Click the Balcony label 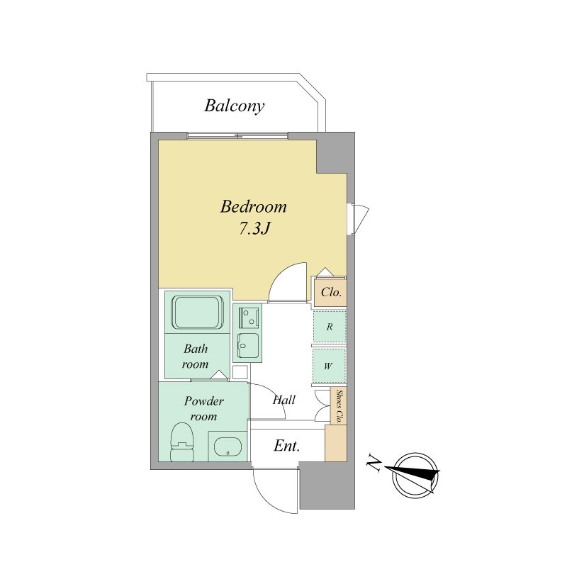[235, 106]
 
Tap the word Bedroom [254, 207]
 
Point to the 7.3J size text [254, 228]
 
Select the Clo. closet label [331, 292]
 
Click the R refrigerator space [330, 327]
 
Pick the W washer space [328, 366]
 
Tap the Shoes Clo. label [339, 406]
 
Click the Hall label [284, 400]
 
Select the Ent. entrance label [287, 446]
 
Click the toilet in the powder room [182, 442]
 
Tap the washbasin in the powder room [228, 447]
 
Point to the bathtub [198, 313]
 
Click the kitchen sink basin [247, 345]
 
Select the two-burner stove [249, 318]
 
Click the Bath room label [196, 357]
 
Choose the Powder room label [204, 408]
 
